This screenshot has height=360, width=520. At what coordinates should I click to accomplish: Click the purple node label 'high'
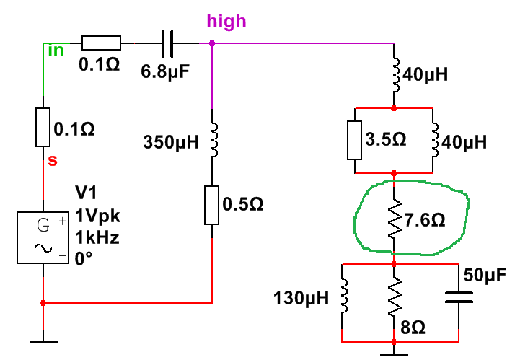tap(226, 22)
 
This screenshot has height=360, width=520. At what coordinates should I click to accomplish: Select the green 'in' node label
tap(55, 50)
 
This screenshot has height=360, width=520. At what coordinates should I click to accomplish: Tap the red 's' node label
tap(52, 160)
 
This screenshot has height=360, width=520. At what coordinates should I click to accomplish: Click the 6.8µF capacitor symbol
tap(167, 43)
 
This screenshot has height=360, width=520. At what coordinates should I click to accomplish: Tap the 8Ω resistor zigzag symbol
tap(394, 300)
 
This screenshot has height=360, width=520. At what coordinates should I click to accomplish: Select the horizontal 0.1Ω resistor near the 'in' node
tap(96, 43)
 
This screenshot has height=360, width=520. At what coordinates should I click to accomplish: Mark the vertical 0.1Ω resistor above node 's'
tap(43, 128)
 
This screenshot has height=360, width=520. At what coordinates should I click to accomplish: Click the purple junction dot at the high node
tap(212, 43)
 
